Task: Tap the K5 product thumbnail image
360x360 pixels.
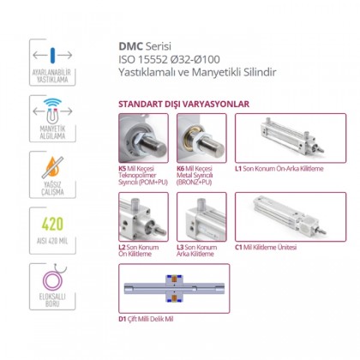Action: pos(142,139)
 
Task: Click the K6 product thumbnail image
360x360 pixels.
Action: pos(201,139)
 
